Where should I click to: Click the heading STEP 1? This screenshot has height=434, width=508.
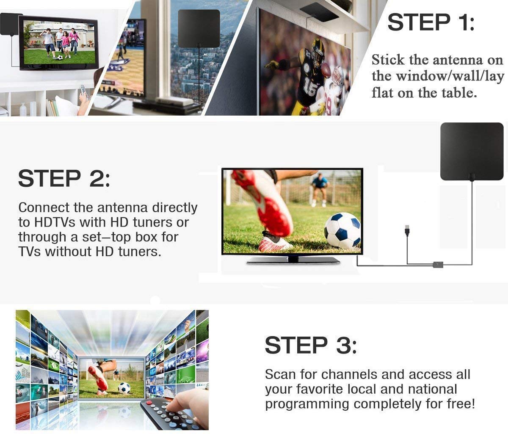(x=431, y=22)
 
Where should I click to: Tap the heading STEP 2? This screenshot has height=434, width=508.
(x=64, y=178)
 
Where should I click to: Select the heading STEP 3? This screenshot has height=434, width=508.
(x=311, y=345)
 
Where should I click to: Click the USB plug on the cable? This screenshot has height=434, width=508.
(x=407, y=230)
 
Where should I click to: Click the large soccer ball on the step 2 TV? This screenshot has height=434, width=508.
(x=342, y=230)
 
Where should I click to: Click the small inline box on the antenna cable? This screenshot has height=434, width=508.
(x=438, y=265)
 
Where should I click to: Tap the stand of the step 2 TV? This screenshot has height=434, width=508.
(x=293, y=260)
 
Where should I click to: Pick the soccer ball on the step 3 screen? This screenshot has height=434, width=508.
(x=124, y=388)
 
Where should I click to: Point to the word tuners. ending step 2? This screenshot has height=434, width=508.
(x=140, y=252)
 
